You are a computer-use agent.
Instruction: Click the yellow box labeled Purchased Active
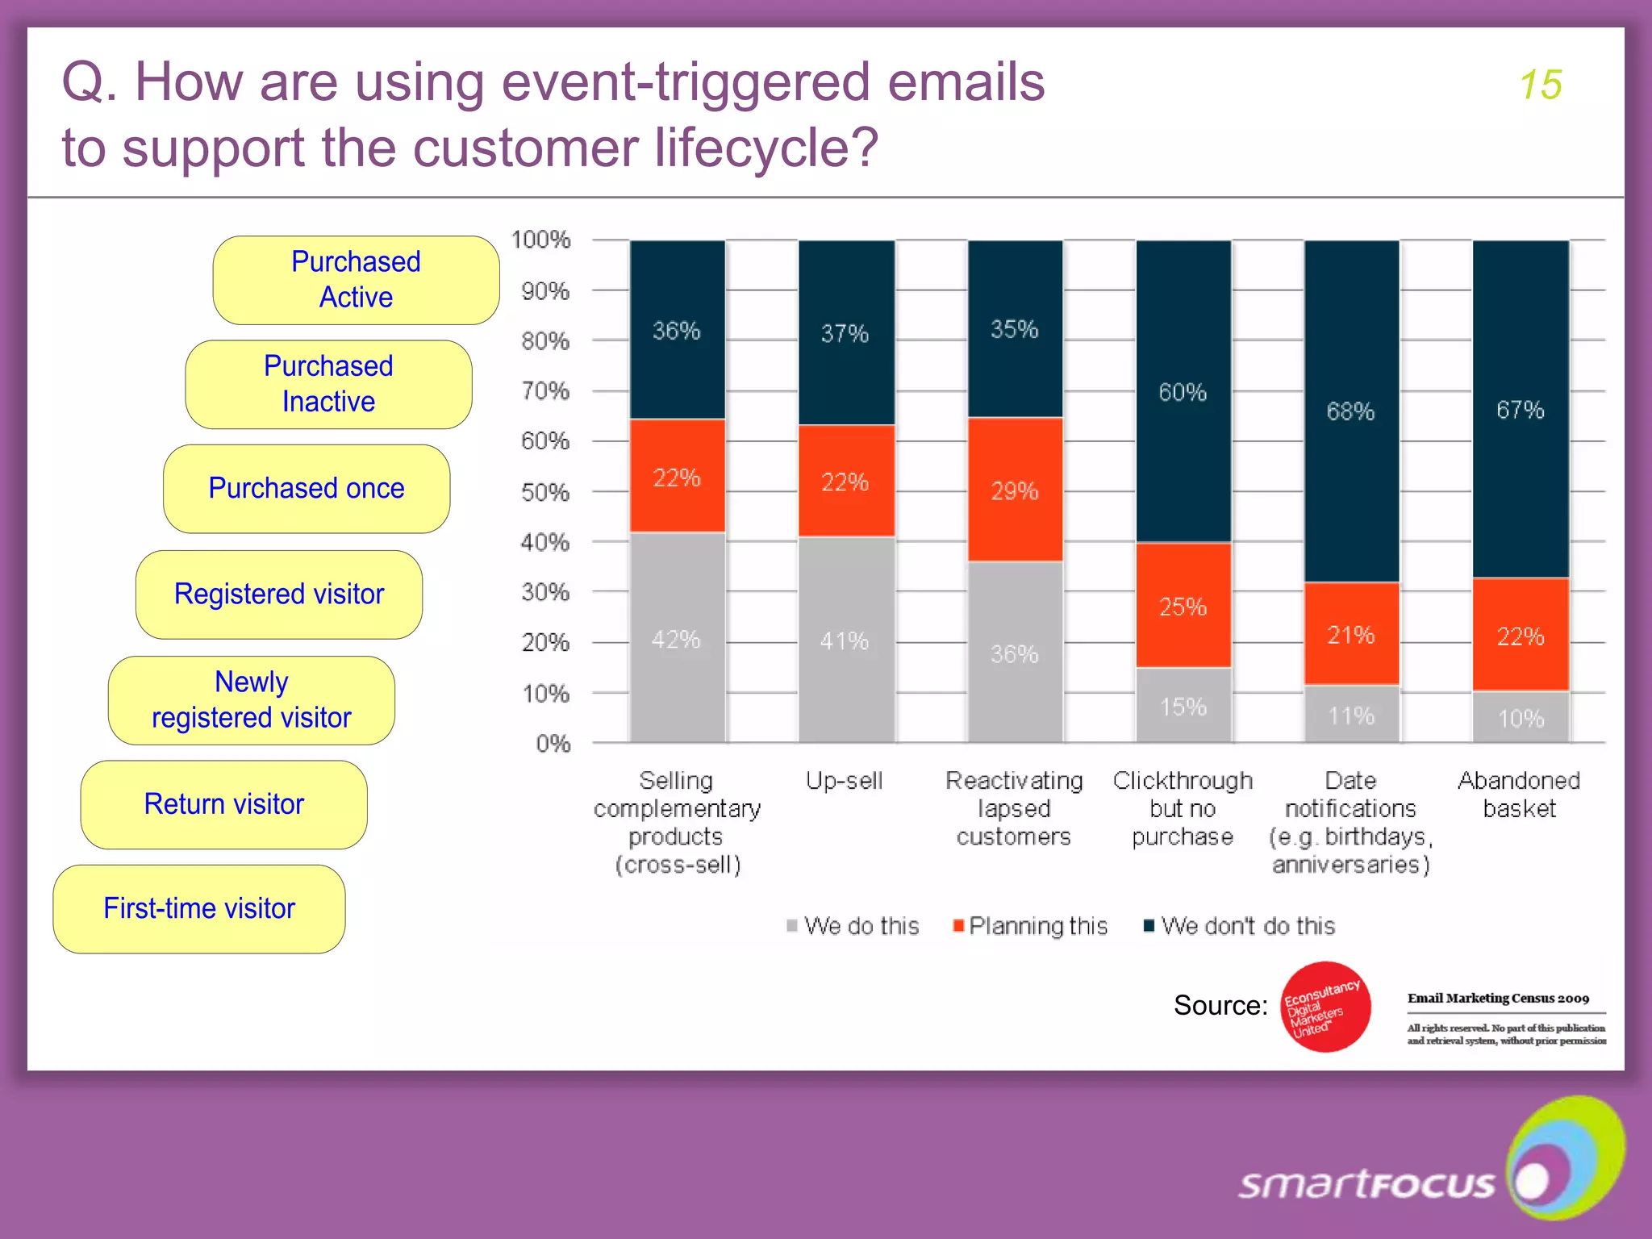tap(356, 280)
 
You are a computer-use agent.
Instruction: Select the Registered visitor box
tap(279, 594)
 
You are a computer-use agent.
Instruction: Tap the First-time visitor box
tap(199, 908)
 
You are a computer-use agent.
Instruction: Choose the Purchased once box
tap(307, 489)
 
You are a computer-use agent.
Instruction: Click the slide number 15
tap(1540, 85)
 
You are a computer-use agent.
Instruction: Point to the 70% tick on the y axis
tap(545, 391)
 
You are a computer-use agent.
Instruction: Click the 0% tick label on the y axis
tap(553, 743)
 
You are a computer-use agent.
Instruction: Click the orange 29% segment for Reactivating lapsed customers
tap(1015, 490)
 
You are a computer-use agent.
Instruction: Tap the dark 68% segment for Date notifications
tap(1351, 411)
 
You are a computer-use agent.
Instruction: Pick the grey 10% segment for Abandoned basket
tap(1521, 717)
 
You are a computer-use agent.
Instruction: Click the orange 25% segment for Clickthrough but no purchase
tap(1183, 606)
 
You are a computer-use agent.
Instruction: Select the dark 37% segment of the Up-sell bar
tap(845, 332)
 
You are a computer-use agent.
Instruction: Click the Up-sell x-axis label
tap(845, 780)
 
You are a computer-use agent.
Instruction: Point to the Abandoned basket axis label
tap(1519, 795)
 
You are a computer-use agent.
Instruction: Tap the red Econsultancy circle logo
tap(1325, 1007)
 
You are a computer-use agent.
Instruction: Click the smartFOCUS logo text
tap(1366, 1184)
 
